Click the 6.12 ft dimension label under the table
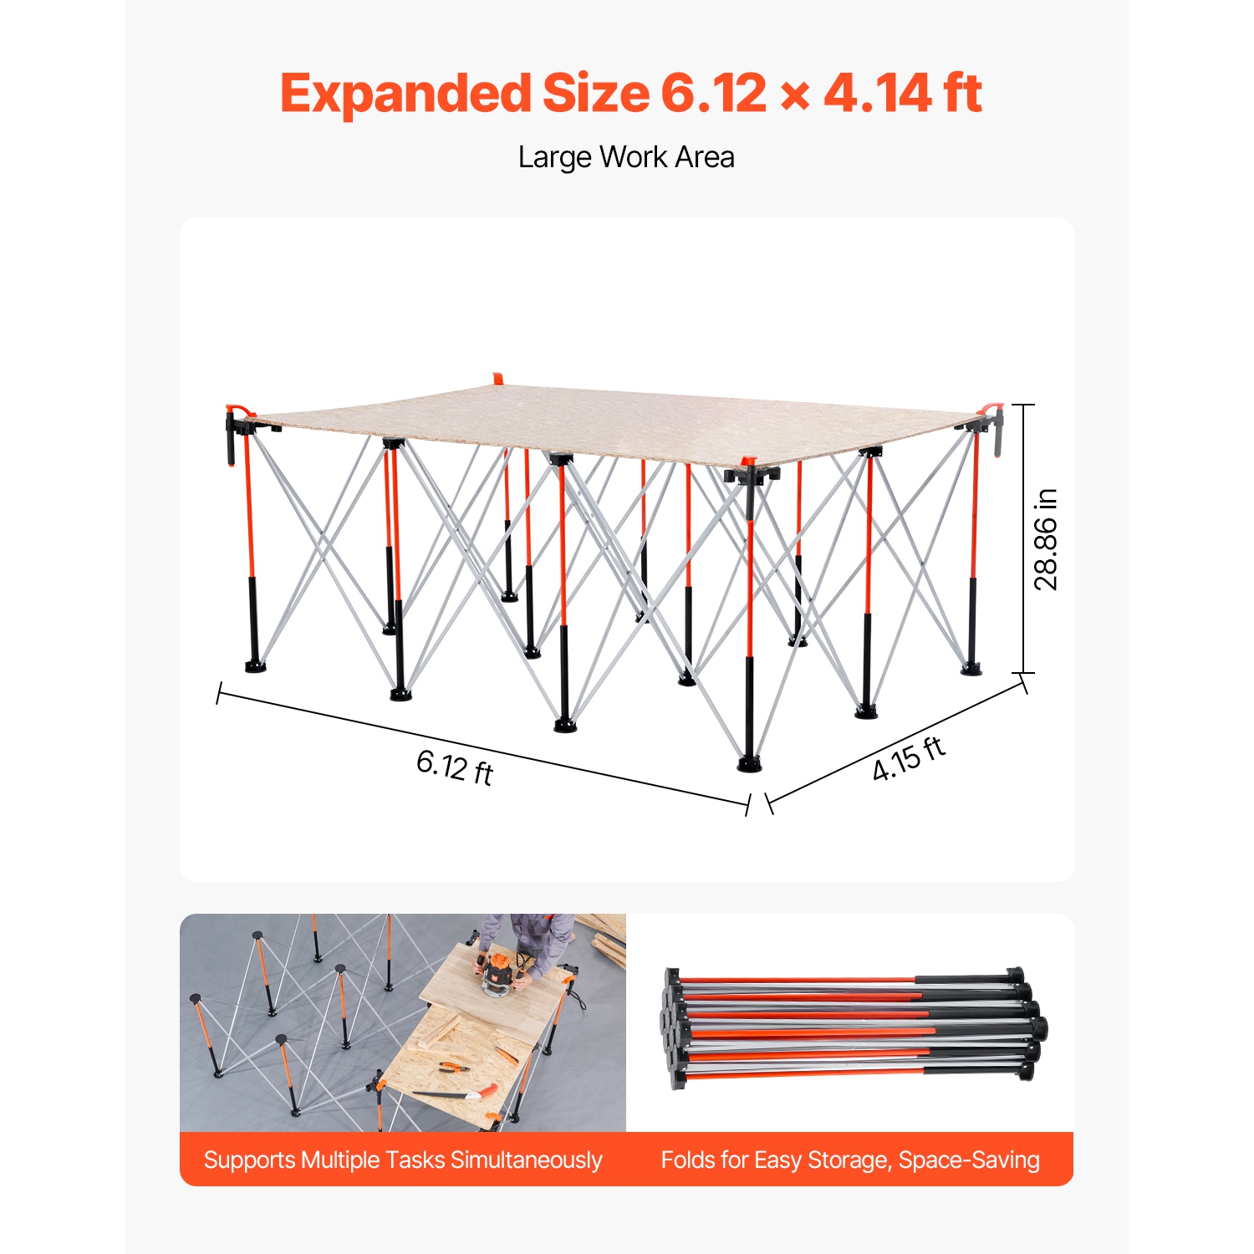[x=455, y=767]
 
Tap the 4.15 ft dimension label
[x=909, y=759]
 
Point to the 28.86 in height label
[x=1046, y=539]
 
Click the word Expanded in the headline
[x=405, y=93]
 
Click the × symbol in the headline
[x=794, y=96]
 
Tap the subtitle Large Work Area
[x=626, y=157]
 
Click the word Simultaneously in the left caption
[x=526, y=1160]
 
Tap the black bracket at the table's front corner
[x=751, y=475]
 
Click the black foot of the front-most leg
[x=750, y=762]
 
